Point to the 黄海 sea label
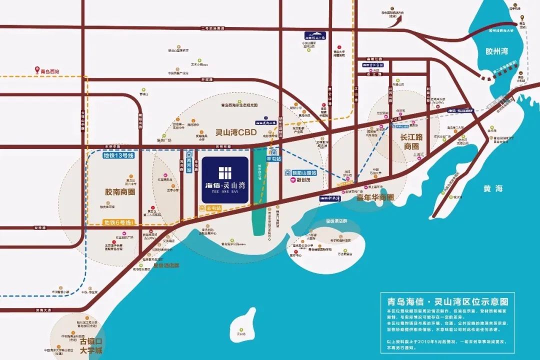(493, 188)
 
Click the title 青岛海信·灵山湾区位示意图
(447, 301)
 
